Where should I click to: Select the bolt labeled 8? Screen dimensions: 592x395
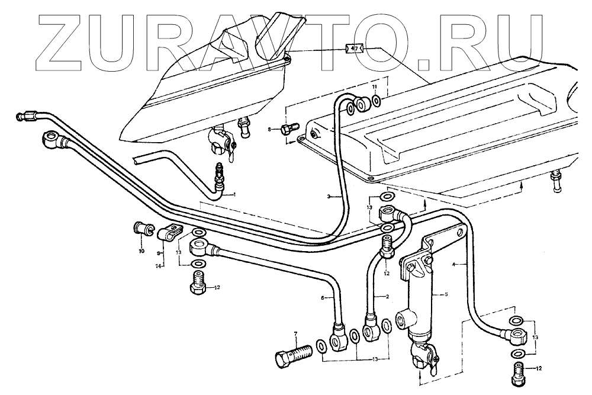[290, 129]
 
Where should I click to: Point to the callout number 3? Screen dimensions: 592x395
[330, 196]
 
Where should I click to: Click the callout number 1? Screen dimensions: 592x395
[234, 194]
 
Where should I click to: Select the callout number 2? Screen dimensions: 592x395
[386, 296]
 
